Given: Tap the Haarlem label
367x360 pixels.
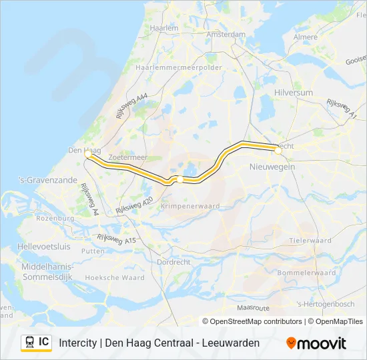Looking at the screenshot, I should (164, 29).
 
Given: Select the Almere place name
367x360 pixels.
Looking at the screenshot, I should (306, 37).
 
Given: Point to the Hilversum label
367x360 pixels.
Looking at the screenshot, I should (294, 93).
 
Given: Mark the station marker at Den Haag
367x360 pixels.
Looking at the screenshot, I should (88, 154).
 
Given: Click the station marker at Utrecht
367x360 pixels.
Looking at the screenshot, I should (278, 151).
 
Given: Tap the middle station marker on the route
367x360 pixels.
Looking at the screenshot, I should (179, 179).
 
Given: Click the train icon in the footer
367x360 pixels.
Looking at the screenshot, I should (29, 342).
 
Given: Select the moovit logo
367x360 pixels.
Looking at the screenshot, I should (316, 343).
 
